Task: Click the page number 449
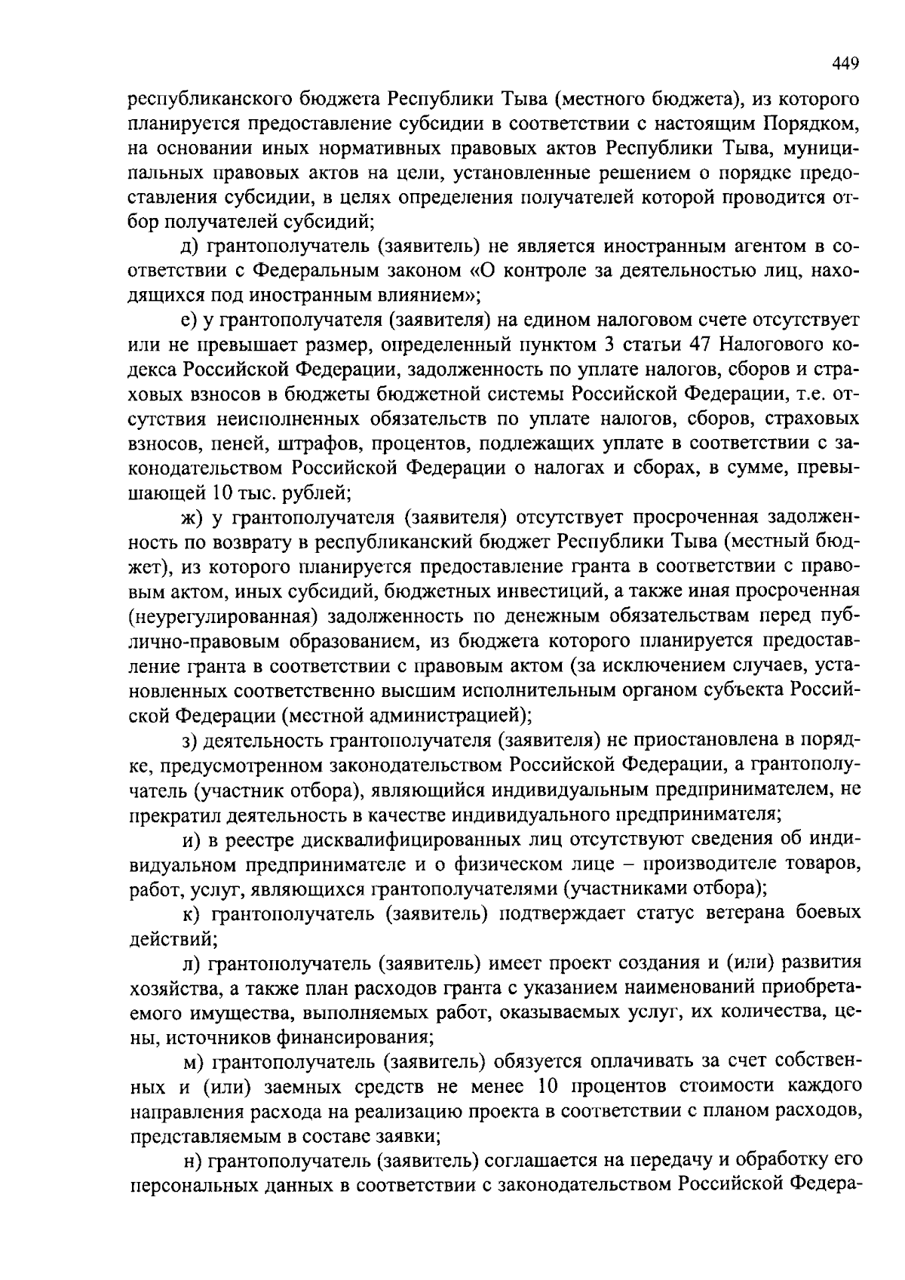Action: (845, 63)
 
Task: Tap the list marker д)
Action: (189, 247)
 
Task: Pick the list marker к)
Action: (189, 913)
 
